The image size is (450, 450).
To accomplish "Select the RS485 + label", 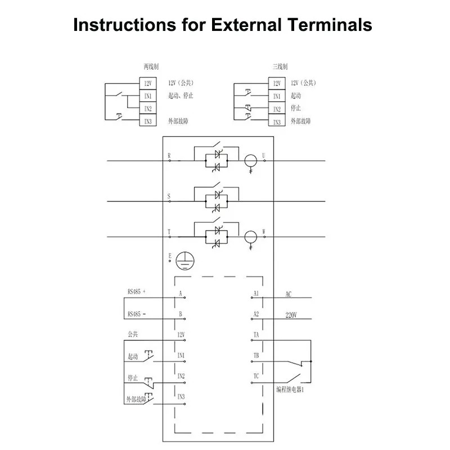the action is tap(136, 292).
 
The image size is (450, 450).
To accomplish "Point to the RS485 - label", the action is tap(136, 314).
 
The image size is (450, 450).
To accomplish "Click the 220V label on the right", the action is tap(291, 316).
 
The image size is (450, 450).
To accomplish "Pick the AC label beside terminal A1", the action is tap(289, 294).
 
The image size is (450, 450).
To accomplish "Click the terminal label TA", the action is tap(256, 335).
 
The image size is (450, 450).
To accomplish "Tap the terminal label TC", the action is tap(256, 375).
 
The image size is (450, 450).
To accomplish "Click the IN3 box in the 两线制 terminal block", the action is tap(148, 121).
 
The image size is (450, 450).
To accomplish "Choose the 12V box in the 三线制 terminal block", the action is tap(277, 83).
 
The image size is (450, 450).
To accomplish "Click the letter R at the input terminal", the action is tap(169, 155).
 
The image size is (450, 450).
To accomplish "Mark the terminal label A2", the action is tap(256, 314).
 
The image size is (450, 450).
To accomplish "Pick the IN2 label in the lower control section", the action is tap(181, 376).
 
